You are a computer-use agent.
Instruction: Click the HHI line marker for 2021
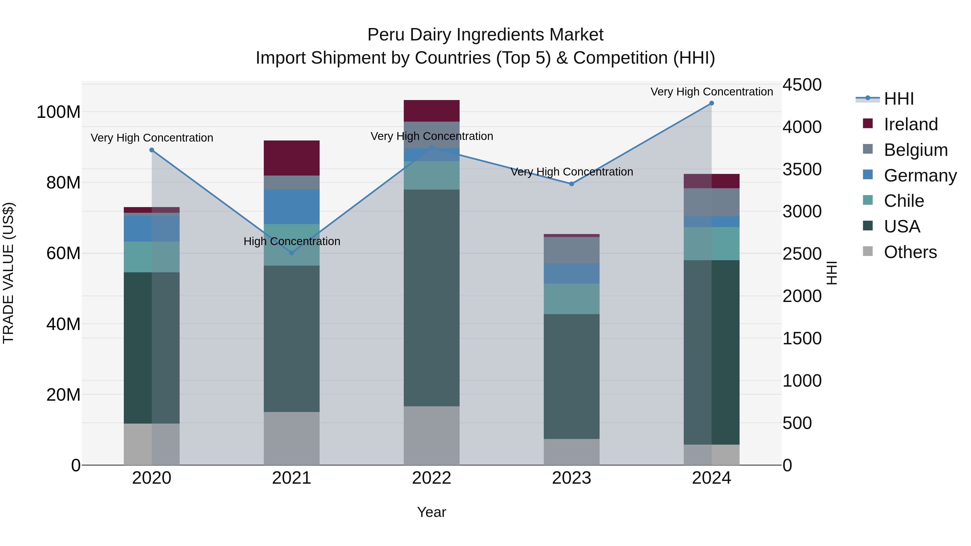click(x=291, y=253)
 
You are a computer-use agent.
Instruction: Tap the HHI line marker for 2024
click(x=711, y=103)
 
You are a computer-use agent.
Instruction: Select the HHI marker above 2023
click(x=572, y=184)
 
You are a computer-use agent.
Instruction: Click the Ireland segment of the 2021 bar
click(x=291, y=158)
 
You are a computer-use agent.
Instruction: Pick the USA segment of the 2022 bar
click(x=432, y=298)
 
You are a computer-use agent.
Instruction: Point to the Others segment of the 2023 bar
click(x=572, y=452)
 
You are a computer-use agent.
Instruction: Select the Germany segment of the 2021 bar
click(x=291, y=207)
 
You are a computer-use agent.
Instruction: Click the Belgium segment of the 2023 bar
click(x=572, y=250)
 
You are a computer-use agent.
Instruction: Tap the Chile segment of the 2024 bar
click(x=711, y=243)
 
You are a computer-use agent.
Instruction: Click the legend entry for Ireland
click(x=910, y=124)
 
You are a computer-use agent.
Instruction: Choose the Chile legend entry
click(x=904, y=201)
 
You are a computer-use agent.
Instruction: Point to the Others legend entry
click(x=910, y=252)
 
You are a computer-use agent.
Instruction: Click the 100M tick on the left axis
click(x=59, y=112)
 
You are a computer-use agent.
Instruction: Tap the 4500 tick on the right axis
click(x=802, y=85)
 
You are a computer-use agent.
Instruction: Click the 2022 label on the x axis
click(x=432, y=478)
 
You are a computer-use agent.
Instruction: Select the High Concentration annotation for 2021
click(x=292, y=241)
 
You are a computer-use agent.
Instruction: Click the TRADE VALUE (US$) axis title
click(x=8, y=273)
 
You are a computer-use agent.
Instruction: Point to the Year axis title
click(x=431, y=512)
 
